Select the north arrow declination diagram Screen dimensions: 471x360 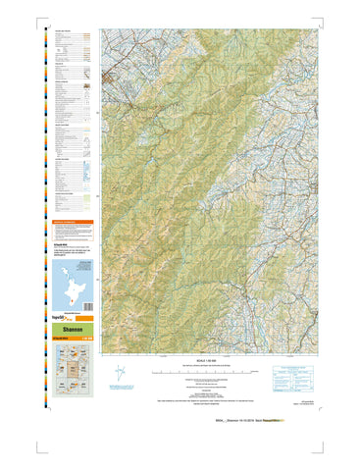120,374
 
